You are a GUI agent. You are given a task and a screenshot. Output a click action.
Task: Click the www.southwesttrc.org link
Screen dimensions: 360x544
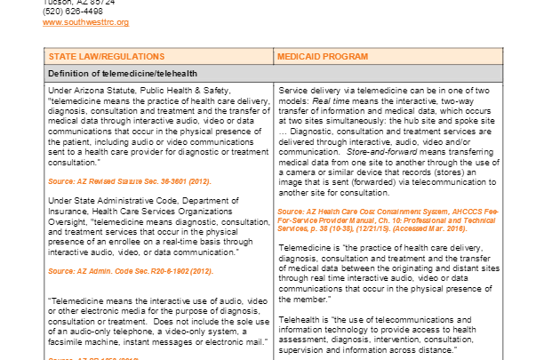(86, 21)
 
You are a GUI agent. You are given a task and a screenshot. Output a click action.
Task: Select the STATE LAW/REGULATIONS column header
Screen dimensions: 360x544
(91, 56)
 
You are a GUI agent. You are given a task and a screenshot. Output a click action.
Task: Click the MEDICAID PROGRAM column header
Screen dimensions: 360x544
(322, 56)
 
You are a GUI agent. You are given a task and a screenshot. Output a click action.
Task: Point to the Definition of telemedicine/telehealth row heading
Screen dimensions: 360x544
(123, 73)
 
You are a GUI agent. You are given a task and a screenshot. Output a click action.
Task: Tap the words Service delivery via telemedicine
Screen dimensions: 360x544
(335, 92)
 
